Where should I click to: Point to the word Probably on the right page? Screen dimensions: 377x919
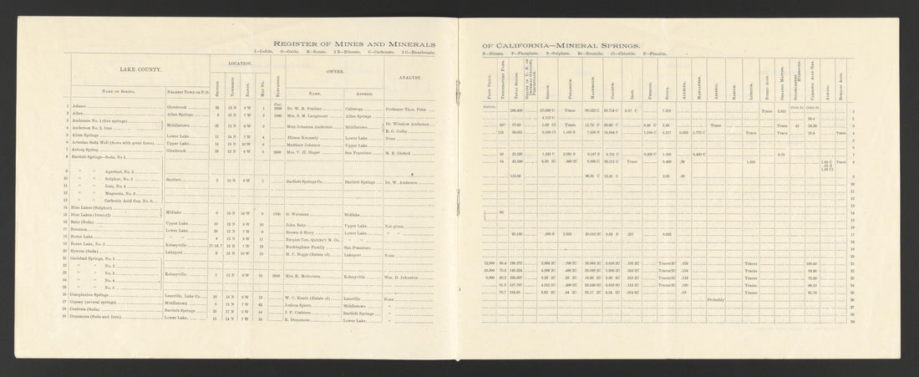(715, 298)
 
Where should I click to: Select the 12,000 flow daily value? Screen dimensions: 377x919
(490, 262)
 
